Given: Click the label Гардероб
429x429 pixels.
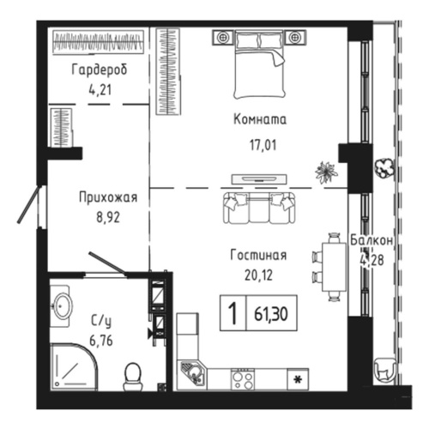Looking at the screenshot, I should tap(98, 69).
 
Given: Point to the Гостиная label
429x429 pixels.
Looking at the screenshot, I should tap(257, 255).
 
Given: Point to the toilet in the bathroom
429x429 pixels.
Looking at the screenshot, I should tap(133, 374).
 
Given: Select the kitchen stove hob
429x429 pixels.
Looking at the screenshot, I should tap(243, 378).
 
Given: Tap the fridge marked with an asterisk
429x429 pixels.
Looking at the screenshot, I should tap(298, 378).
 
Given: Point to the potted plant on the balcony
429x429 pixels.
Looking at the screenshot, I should tap(385, 166).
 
